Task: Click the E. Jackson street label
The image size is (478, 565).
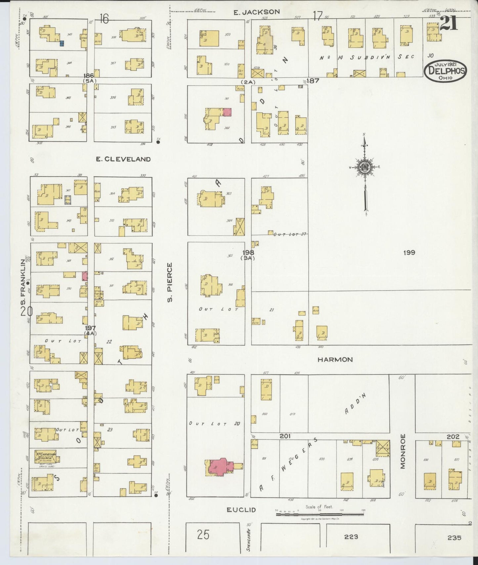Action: pyautogui.click(x=256, y=12)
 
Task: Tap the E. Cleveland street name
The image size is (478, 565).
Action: pyautogui.click(x=123, y=159)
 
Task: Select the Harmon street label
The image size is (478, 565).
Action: pyautogui.click(x=335, y=359)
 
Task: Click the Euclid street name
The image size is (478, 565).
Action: pyautogui.click(x=241, y=519)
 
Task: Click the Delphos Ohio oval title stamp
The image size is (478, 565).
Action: pyautogui.click(x=446, y=70)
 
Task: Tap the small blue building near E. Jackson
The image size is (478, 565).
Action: pyautogui.click(x=62, y=43)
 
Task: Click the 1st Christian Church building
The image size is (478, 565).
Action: pyautogui.click(x=46, y=458)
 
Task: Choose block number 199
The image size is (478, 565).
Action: pyautogui.click(x=409, y=253)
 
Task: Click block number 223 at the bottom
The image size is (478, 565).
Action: pyautogui.click(x=351, y=537)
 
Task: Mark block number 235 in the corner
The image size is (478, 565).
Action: pyautogui.click(x=454, y=538)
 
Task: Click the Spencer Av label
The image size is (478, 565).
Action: pyautogui.click(x=248, y=541)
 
